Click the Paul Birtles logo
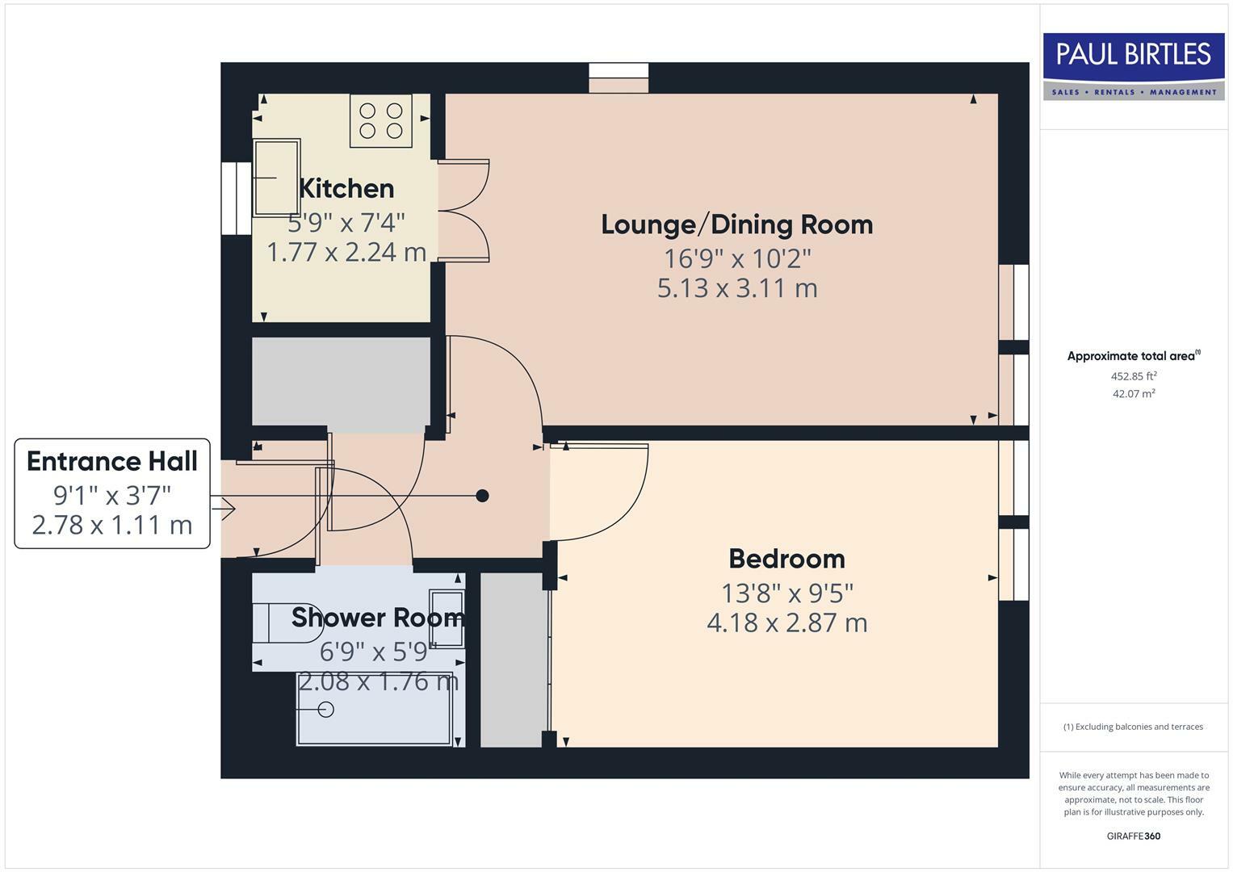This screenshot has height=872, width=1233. (x=1133, y=65)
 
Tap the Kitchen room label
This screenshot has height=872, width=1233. (x=346, y=189)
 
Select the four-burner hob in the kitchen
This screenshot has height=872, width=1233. (x=381, y=121)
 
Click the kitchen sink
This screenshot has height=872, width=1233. (x=277, y=178)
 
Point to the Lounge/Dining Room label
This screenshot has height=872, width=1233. (x=736, y=224)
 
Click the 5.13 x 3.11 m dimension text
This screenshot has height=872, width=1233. (x=736, y=288)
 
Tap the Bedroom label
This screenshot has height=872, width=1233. (x=786, y=559)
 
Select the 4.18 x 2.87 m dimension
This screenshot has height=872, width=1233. (x=786, y=623)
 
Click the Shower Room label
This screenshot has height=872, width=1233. (x=377, y=618)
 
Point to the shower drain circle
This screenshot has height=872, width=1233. (x=326, y=710)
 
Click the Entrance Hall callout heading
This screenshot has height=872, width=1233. (x=112, y=462)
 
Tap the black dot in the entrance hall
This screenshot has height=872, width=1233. (x=482, y=496)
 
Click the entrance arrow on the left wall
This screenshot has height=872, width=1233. (x=225, y=509)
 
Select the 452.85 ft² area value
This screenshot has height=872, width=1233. (x=1133, y=376)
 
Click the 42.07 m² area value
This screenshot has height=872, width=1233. (x=1133, y=394)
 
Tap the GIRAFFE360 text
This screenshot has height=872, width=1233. (x=1133, y=836)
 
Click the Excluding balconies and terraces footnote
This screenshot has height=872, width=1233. (x=1133, y=727)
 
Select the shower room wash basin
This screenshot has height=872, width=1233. (x=447, y=618)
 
